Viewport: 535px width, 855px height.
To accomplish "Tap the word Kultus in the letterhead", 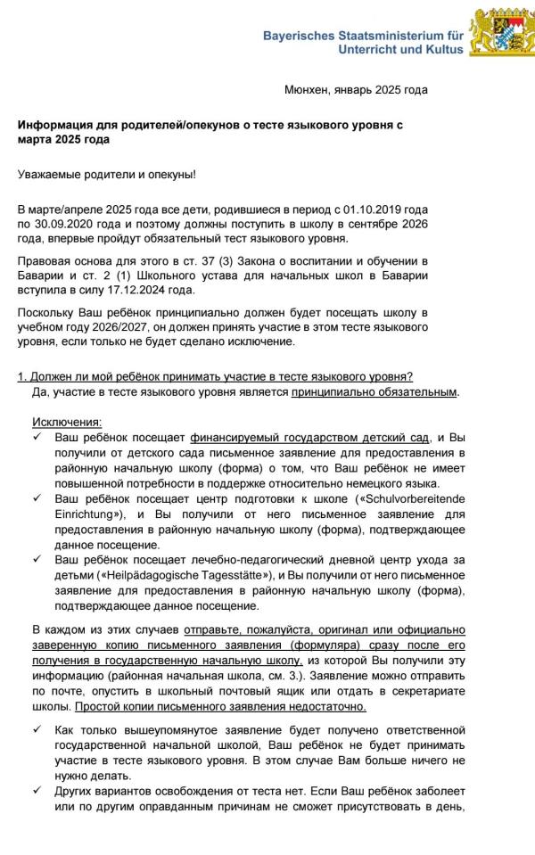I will click(x=444, y=50).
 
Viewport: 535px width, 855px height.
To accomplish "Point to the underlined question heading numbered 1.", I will click(x=215, y=377).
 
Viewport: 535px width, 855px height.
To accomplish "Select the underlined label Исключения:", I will click(x=67, y=422).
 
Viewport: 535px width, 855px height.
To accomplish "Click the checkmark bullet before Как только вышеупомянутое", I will click(x=37, y=729).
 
